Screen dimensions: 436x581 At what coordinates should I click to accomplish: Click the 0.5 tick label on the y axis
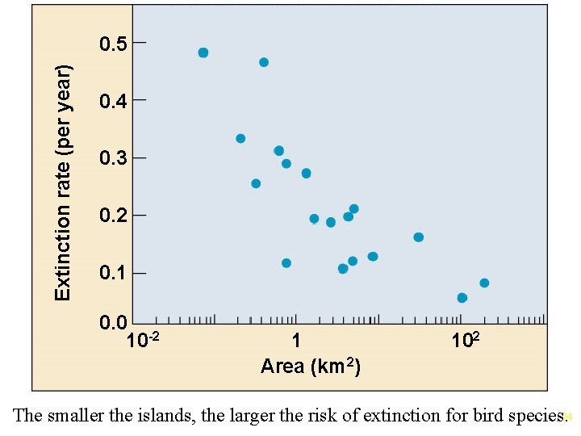[113, 43]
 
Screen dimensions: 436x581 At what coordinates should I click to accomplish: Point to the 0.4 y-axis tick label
[113, 100]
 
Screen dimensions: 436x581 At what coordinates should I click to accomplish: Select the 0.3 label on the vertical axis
[113, 157]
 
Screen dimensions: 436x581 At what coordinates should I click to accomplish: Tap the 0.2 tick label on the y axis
[113, 216]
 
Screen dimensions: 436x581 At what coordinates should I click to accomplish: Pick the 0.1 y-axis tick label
[113, 273]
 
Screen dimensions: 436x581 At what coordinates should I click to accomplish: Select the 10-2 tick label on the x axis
[148, 340]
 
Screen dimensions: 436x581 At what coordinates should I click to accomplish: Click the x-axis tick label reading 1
[296, 341]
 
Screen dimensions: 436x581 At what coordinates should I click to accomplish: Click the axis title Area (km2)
[311, 367]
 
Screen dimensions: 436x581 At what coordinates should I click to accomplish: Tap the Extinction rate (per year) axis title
[63, 182]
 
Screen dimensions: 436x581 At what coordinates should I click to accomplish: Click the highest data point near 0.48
[203, 52]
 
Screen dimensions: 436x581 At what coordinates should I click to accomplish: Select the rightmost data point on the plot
[484, 283]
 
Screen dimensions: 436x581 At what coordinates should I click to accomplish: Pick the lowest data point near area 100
[462, 298]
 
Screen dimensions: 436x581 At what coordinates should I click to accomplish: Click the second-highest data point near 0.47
[264, 62]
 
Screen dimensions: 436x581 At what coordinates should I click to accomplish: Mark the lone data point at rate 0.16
[418, 237]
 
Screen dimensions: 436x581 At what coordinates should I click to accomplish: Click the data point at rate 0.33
[240, 139]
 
